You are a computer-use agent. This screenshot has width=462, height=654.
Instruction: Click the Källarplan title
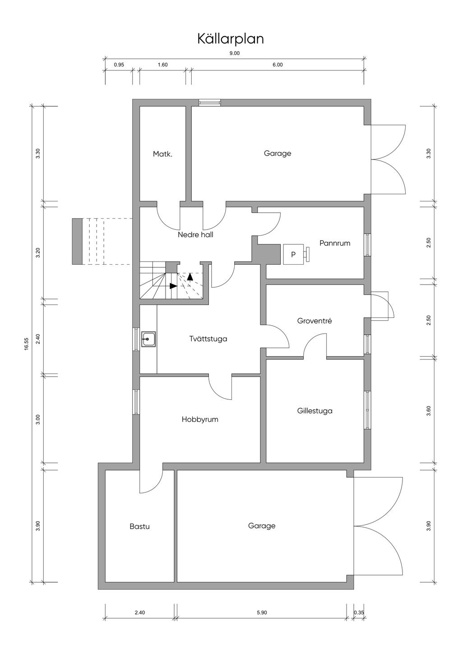[x=231, y=39]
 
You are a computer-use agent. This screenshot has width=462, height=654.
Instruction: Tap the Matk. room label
[x=162, y=154]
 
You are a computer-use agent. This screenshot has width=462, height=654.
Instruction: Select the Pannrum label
[x=335, y=243]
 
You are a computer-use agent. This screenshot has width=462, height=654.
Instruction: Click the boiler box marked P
[x=293, y=255]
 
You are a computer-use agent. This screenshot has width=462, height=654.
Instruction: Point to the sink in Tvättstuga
[x=148, y=339]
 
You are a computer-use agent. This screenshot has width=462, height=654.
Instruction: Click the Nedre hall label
[x=195, y=234]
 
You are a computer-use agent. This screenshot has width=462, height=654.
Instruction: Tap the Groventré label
[x=314, y=321]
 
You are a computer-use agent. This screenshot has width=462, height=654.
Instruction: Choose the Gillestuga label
[x=315, y=411]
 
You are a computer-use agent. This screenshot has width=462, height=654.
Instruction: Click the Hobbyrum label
[x=200, y=419]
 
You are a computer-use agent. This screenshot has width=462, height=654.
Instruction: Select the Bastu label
[x=139, y=527]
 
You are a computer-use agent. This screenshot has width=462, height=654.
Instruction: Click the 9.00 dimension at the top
[x=235, y=53]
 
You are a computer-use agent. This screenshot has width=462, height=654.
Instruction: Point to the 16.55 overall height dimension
[x=27, y=344]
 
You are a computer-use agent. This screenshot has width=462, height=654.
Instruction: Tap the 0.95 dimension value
[x=119, y=65]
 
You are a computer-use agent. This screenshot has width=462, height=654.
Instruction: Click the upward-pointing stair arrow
[x=190, y=276]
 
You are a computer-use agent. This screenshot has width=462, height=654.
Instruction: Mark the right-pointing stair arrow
[x=173, y=286]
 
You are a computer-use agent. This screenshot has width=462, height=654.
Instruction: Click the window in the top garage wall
[x=210, y=103]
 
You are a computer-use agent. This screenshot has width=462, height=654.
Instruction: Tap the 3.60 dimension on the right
[x=429, y=411]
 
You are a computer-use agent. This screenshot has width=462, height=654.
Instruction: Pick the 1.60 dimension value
[x=162, y=65]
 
